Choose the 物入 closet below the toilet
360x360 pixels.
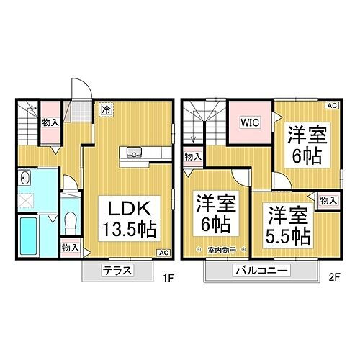pos(70,248)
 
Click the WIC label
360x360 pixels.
pos(248,122)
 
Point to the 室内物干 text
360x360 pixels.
pos(220,250)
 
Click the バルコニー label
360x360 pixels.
pos(261,271)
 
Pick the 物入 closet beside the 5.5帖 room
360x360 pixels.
pos(328,201)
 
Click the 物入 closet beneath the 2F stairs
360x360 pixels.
pos(192,155)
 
